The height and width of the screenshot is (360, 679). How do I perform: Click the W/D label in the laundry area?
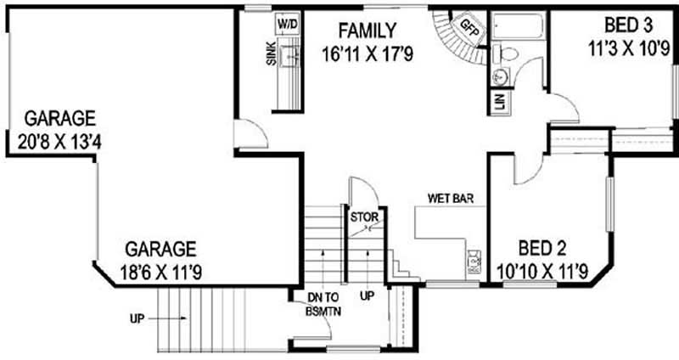point(289,24)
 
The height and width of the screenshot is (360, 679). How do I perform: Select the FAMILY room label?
point(367,31)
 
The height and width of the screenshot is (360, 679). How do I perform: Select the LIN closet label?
point(498,103)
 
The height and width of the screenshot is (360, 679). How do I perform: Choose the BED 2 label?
point(542,249)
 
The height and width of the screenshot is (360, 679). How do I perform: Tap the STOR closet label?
point(365,217)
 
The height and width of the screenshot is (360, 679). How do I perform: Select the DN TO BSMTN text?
point(323,303)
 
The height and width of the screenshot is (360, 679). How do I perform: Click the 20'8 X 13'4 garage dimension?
point(59,139)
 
